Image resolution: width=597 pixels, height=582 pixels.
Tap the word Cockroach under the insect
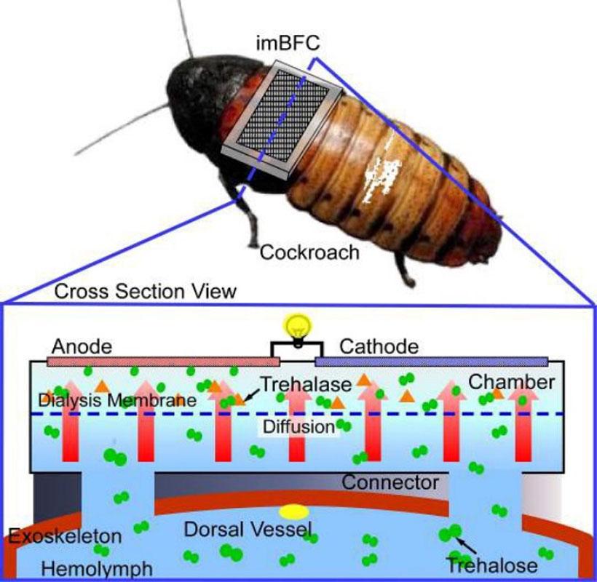coord(309,252)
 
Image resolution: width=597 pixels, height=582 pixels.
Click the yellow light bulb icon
coord(296,324)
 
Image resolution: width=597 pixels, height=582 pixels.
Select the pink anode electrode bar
coord(163,360)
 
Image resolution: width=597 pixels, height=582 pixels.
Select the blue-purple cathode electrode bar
coord(431,360)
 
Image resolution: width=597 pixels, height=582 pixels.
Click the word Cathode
coord(379,346)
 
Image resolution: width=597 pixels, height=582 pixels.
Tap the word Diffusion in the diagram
coord(298,426)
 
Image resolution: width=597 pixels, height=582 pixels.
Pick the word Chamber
coord(511,381)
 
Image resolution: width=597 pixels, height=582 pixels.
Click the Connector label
coord(390,482)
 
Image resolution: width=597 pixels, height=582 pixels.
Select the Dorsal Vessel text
coord(248,530)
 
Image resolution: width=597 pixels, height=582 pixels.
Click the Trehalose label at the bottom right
coord(491,565)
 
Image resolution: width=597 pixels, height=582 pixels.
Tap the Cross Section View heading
coord(146,291)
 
